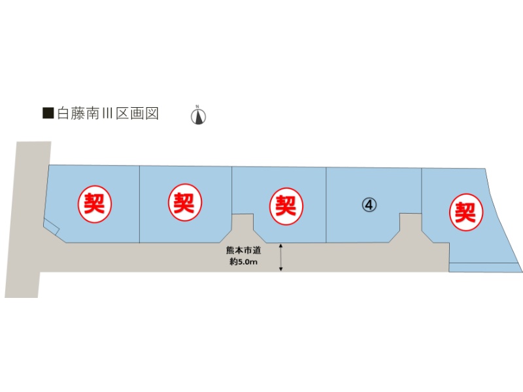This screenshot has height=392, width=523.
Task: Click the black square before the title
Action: click(48, 113)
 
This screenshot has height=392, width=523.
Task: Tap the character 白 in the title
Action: click(63, 113)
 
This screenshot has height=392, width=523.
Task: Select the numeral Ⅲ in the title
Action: click(107, 113)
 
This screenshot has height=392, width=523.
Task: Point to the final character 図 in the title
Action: click(152, 113)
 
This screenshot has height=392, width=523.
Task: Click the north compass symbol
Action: click(198, 117)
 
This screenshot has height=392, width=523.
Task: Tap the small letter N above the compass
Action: click(197, 106)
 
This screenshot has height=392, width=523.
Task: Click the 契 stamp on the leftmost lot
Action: click(94, 203)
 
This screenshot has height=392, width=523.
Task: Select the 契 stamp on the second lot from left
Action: click(185, 203)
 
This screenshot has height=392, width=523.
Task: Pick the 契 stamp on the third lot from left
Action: click(286, 206)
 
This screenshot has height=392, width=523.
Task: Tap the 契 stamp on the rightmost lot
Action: click(466, 212)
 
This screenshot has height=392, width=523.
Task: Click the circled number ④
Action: click(369, 204)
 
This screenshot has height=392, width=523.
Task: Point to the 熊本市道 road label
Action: click(243, 250)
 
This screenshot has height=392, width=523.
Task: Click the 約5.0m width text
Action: click(243, 262)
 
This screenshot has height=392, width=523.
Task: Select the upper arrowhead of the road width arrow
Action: click(281, 246)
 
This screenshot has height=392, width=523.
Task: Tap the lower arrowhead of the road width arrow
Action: click(281, 269)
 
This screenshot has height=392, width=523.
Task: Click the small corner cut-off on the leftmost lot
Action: click(52, 227)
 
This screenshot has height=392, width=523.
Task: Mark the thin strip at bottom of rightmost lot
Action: click(484, 267)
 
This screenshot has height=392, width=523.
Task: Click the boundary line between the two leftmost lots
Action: click(139, 204)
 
